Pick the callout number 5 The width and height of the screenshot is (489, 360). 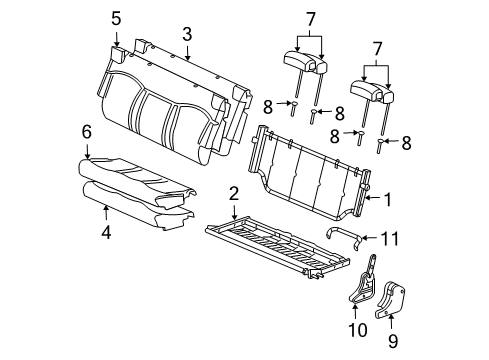[116, 17]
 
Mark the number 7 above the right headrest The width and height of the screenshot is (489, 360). [376, 48]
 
